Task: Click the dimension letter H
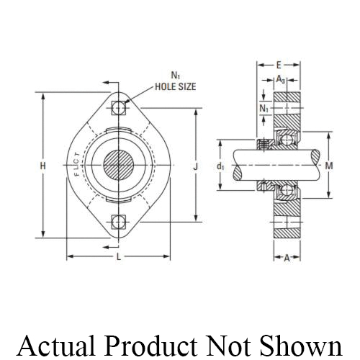click(43, 166)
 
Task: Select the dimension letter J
click(195, 166)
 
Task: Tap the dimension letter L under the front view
click(119, 258)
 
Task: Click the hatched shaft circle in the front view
click(119, 165)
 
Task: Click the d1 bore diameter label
click(220, 166)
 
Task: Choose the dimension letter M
click(329, 166)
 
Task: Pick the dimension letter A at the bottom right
click(287, 258)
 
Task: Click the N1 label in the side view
click(264, 108)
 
